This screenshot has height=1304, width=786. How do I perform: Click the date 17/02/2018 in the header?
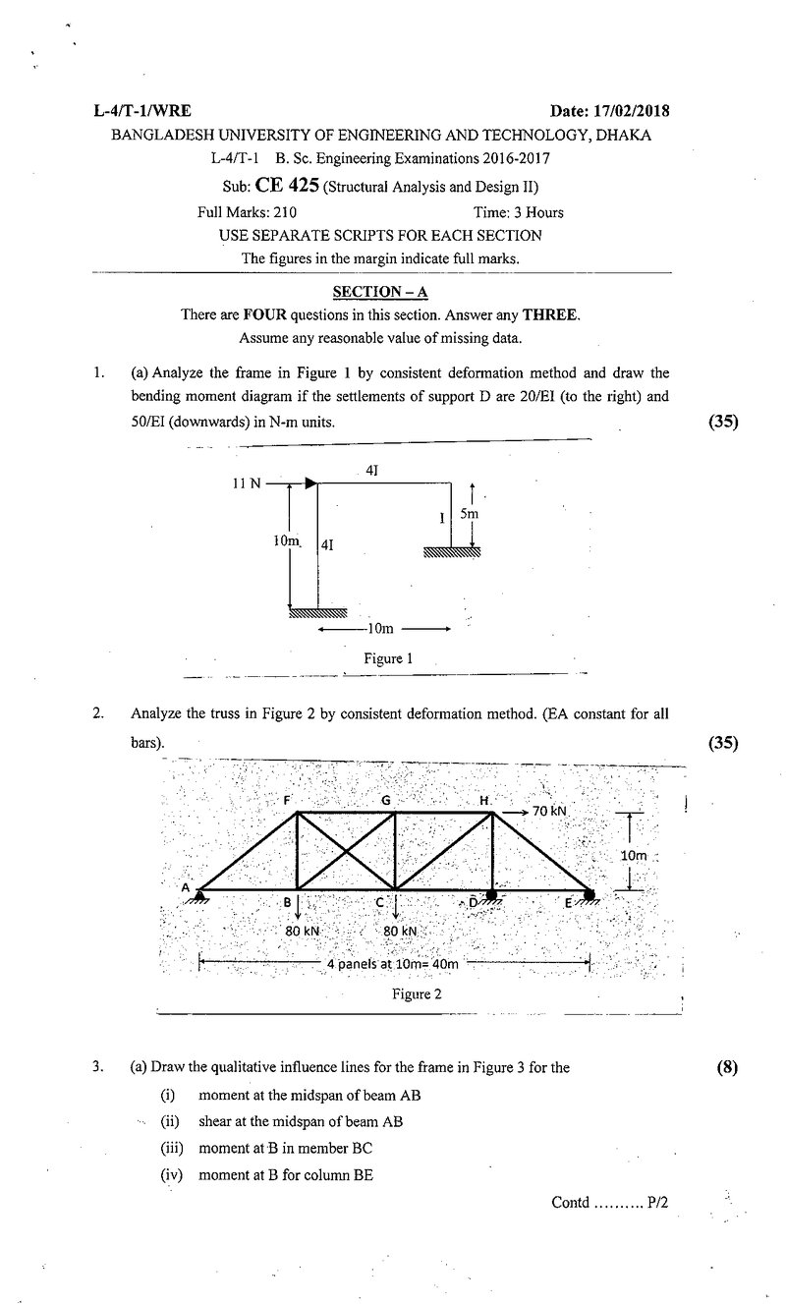coord(632,111)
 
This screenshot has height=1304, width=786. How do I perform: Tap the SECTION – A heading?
coord(380,292)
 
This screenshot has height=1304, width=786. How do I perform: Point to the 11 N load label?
coord(247,483)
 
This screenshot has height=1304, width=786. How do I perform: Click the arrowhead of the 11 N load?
coord(311,482)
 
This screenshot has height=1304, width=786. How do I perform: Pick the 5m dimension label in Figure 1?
coord(469,514)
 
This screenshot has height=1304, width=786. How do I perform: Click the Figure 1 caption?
coord(388,658)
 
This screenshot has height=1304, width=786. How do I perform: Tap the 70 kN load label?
coord(549,811)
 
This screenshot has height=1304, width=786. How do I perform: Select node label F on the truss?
coord(287,800)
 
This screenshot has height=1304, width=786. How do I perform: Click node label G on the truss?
coord(385,801)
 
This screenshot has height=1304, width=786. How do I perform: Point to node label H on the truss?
coord(483,801)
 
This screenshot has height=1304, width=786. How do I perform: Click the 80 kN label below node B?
coord(303,931)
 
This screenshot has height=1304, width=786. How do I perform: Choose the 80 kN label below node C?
coord(400,931)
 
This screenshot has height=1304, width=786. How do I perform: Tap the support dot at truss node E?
coord(589,895)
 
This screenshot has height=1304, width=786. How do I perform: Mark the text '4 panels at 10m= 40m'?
coord(392,964)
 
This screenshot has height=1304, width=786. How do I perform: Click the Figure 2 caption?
coord(417,993)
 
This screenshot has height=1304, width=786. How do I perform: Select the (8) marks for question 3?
coord(727,1067)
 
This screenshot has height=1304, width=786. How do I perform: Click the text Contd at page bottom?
coord(571,1202)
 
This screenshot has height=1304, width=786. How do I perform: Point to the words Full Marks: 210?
coord(247,212)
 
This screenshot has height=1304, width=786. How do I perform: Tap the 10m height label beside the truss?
coord(634,856)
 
